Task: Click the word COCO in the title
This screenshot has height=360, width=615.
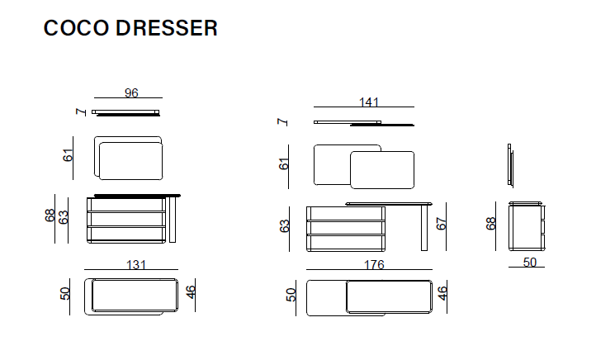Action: [x=76, y=28]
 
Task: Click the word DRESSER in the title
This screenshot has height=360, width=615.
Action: [x=166, y=28]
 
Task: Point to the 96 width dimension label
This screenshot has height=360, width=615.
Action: [x=131, y=93]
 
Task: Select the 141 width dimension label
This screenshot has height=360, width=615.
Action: [x=369, y=102]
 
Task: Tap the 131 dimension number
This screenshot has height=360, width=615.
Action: [x=136, y=265]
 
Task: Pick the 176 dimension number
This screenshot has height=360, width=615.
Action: [x=374, y=265]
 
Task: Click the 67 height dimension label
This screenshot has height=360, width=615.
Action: [x=442, y=224]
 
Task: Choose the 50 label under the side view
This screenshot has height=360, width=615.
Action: [x=529, y=262]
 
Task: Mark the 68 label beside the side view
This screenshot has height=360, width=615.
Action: [x=490, y=224]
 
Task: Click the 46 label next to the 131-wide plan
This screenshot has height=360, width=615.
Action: [x=190, y=292]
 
